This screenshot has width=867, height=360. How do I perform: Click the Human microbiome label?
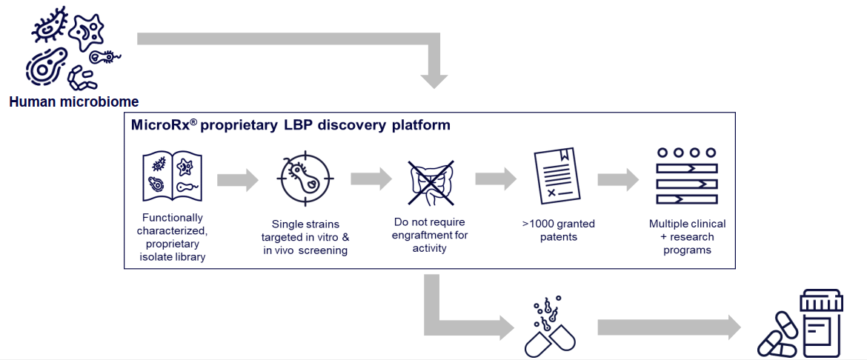[74, 102]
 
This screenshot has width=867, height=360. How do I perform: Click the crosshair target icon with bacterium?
[305, 178]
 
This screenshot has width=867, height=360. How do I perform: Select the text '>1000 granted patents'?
[559, 230]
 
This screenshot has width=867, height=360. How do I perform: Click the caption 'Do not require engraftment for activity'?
[431, 235]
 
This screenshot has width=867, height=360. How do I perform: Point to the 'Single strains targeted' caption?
[306, 237]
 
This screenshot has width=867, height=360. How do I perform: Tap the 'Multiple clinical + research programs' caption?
[687, 237]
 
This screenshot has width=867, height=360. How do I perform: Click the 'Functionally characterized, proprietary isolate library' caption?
[171, 237]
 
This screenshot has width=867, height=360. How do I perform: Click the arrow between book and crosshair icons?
[239, 180]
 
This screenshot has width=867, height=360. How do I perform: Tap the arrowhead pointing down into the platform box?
[434, 79]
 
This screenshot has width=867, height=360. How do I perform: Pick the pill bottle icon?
[800, 324]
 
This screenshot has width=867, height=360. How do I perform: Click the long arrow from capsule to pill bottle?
[669, 327]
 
